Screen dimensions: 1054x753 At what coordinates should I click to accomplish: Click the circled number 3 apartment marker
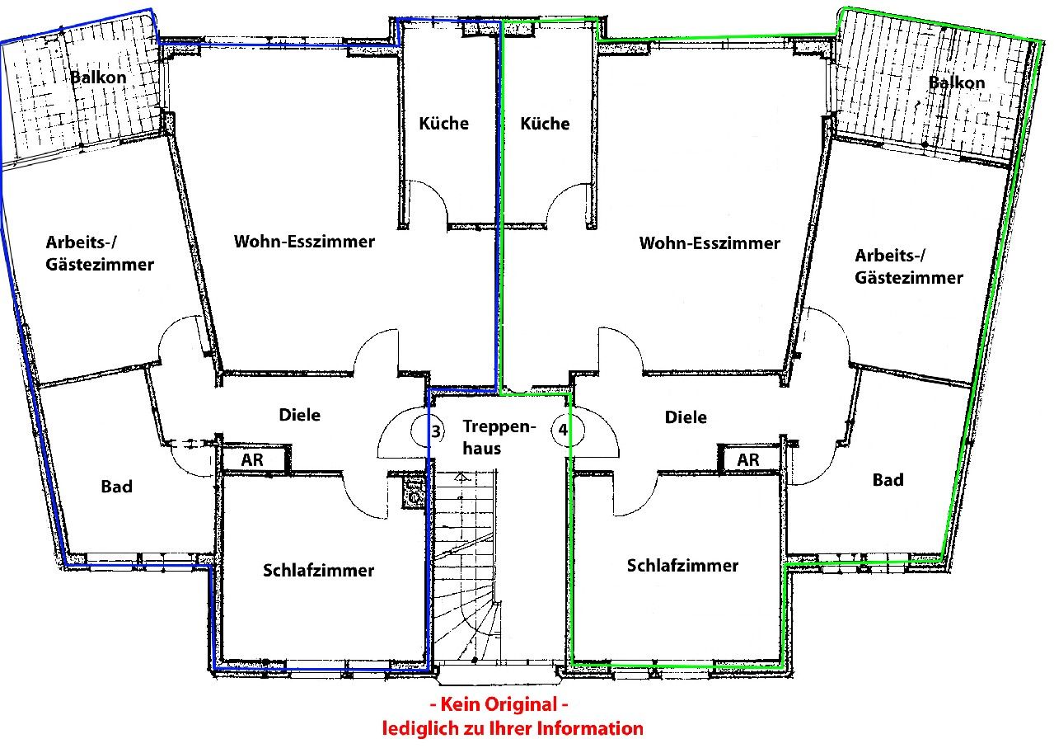point(428,431)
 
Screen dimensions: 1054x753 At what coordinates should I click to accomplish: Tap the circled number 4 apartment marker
point(568,430)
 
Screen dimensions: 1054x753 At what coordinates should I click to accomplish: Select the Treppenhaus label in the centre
point(499,437)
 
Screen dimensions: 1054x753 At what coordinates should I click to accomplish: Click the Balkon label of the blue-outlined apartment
point(98,78)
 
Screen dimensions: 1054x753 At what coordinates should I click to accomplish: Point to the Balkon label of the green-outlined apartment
point(957,82)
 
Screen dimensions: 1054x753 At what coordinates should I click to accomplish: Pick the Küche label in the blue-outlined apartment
point(443,124)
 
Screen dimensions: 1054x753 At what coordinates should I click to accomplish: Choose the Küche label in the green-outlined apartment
point(545,124)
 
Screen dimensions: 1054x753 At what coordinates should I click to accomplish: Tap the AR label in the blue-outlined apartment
point(251,459)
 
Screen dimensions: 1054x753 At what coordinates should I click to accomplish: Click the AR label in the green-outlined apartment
point(747,459)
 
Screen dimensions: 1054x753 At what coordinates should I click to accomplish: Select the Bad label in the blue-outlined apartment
point(117,486)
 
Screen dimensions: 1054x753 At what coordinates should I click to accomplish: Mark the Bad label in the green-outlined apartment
point(888,480)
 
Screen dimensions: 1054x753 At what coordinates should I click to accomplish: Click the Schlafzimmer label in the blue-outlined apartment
point(319,570)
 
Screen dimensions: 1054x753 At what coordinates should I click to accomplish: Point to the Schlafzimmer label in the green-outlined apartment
point(682,565)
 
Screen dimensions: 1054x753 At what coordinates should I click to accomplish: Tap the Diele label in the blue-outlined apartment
point(300,415)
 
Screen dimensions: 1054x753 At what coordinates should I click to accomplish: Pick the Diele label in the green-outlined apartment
point(686,417)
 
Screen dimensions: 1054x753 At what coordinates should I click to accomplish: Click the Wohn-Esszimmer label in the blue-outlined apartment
point(304,242)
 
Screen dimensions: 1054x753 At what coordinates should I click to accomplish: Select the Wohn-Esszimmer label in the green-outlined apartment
point(710,243)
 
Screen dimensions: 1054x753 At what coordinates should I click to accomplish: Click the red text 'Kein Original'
point(499,704)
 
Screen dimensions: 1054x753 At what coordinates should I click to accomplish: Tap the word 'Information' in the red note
point(590,728)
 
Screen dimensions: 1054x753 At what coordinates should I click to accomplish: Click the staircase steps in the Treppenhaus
point(465,565)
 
